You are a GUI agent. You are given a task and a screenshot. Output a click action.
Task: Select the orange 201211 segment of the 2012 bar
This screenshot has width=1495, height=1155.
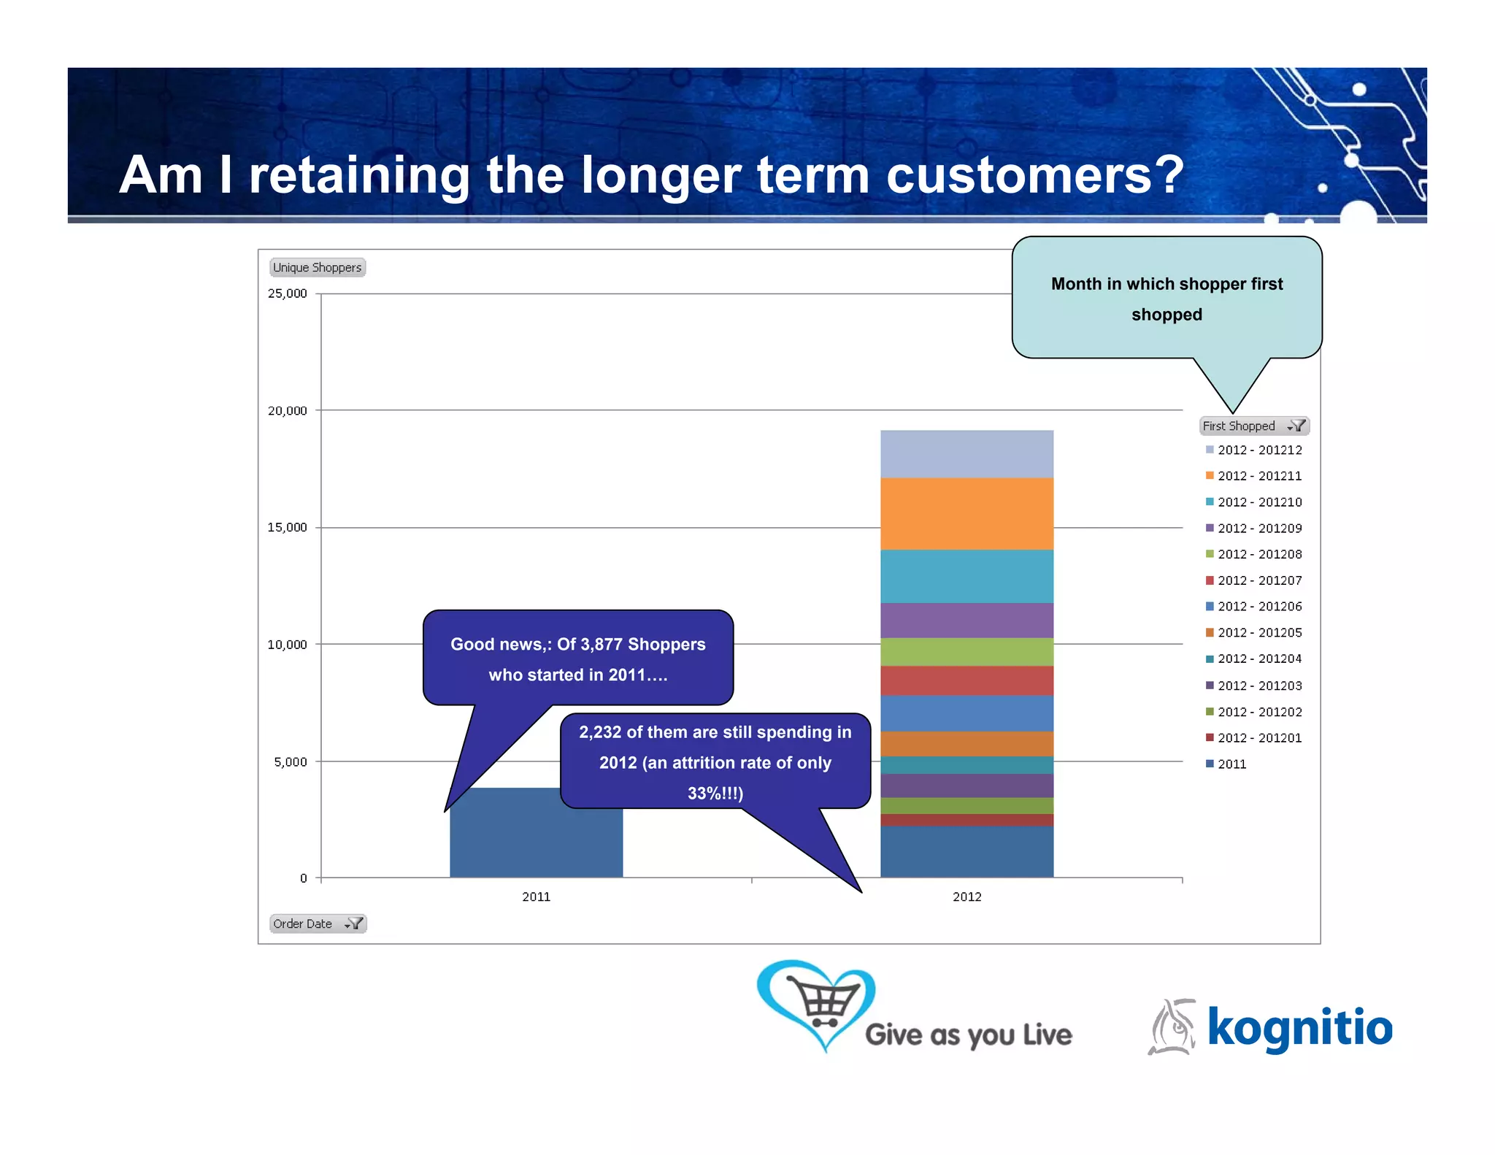(x=966, y=513)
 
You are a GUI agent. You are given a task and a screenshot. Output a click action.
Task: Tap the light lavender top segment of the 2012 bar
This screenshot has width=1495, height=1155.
(x=966, y=453)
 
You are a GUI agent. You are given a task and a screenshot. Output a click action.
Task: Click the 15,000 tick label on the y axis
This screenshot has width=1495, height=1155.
(x=287, y=527)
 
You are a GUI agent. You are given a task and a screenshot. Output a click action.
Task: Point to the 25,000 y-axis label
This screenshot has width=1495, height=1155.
(x=287, y=293)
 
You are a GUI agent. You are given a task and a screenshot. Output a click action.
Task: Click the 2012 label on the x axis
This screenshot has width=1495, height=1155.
(x=966, y=897)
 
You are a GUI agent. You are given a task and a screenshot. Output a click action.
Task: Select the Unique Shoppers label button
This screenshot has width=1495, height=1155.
(x=317, y=267)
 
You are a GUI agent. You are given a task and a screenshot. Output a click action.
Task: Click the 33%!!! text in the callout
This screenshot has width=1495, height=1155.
(x=714, y=793)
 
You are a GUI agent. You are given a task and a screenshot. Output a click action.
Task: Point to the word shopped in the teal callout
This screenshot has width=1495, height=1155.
(x=1166, y=315)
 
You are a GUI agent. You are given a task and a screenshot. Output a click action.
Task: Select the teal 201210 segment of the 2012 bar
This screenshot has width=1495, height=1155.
(x=966, y=576)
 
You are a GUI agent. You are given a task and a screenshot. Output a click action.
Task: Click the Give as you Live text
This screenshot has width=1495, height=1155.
(x=968, y=1035)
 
